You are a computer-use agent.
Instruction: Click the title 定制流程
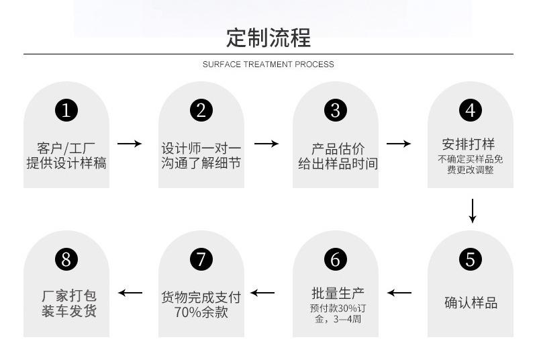tap(268, 37)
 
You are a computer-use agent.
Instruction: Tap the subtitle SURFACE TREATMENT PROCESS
tap(268, 64)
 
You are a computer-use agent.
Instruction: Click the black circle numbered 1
tap(66, 109)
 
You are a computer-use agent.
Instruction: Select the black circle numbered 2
tap(201, 109)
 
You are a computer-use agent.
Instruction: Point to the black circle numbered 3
tap(336, 109)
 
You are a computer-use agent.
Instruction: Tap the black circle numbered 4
tap(471, 109)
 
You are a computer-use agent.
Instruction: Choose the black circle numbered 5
tap(471, 259)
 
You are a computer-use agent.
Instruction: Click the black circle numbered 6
tap(336, 259)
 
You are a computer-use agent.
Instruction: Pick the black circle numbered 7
tap(201, 259)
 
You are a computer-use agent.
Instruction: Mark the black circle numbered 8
tap(66, 259)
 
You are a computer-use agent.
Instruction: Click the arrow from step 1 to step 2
tap(130, 144)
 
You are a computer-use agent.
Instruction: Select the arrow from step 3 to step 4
tap(399, 144)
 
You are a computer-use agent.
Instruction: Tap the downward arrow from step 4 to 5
tap(473, 210)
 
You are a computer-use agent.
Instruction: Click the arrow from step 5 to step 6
tap(399, 293)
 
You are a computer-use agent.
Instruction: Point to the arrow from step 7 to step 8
tap(130, 293)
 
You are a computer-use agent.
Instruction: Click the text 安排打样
tap(469, 144)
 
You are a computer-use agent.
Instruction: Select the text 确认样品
tap(471, 303)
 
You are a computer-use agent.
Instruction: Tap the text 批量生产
tap(338, 293)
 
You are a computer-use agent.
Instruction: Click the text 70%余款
tap(201, 312)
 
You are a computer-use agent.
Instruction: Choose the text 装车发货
tap(66, 312)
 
